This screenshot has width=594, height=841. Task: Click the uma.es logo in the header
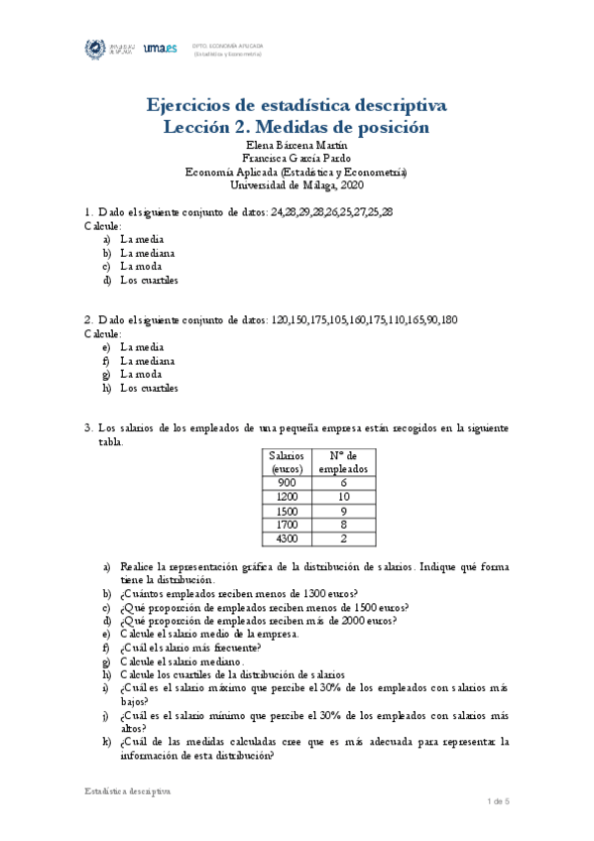click(160, 48)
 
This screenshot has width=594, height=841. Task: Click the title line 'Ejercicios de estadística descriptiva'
click(297, 105)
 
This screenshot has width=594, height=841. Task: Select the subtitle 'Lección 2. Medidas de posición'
click(297, 127)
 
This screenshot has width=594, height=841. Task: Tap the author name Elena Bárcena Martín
click(297, 145)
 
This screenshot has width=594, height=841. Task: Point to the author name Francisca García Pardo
click(297, 158)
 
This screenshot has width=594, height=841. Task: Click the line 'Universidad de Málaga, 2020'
click(297, 183)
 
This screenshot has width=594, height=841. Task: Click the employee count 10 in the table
click(342, 496)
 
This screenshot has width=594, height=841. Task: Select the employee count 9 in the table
click(342, 510)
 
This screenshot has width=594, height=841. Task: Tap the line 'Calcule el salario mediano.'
click(194, 661)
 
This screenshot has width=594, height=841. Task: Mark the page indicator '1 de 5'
click(497, 800)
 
